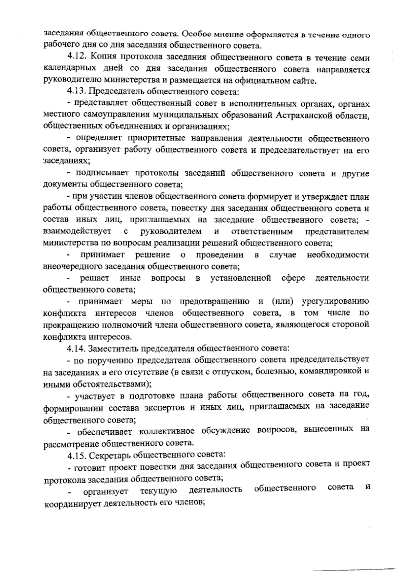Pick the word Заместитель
tap(113, 348)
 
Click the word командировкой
tap(330, 371)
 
